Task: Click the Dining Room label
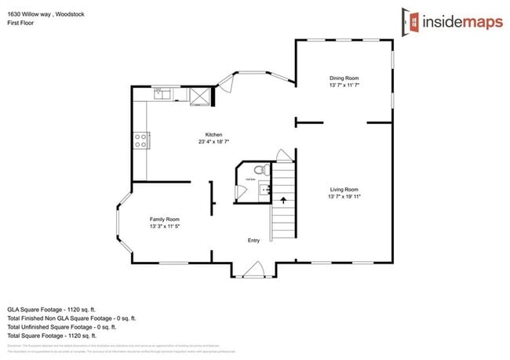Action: (x=344, y=78)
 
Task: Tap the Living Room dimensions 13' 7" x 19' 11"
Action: (x=344, y=197)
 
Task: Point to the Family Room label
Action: (x=165, y=219)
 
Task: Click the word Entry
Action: (x=253, y=240)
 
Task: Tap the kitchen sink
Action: (x=162, y=94)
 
